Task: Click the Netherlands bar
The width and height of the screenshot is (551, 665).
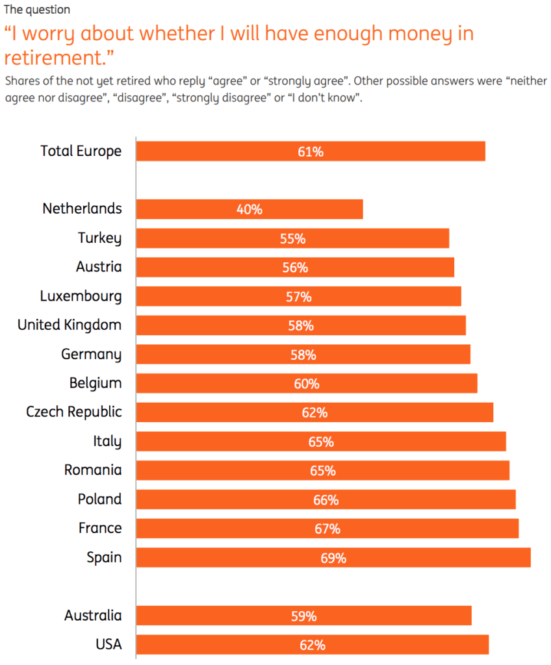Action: coord(250,209)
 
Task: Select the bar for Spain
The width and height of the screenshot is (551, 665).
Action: coord(333,557)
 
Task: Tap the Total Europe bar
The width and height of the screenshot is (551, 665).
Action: coord(311,151)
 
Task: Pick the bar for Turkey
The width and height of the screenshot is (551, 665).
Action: coord(292,238)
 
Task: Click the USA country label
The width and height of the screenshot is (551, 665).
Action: coord(107,645)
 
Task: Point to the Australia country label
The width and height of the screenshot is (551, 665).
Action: coord(93,616)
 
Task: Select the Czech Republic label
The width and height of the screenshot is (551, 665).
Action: coord(74,412)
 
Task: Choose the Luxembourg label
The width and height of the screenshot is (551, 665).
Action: coord(81,296)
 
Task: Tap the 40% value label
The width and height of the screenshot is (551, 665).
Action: coord(250,209)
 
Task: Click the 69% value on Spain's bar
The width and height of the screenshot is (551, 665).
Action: coord(333,557)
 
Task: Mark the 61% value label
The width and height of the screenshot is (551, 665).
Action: coord(311,151)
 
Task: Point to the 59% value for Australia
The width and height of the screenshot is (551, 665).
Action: coord(304,616)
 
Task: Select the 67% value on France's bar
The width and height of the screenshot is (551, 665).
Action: coord(327,529)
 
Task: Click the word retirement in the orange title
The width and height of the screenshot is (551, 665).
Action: coord(54,57)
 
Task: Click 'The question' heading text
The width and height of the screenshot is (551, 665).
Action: coord(37,10)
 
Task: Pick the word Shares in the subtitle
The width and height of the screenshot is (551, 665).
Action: coord(21,81)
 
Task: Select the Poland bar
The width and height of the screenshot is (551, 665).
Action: coord(326,499)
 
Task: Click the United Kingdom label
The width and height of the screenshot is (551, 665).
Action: coord(70,325)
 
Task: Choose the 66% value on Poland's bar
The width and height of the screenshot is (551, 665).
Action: coord(326,499)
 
